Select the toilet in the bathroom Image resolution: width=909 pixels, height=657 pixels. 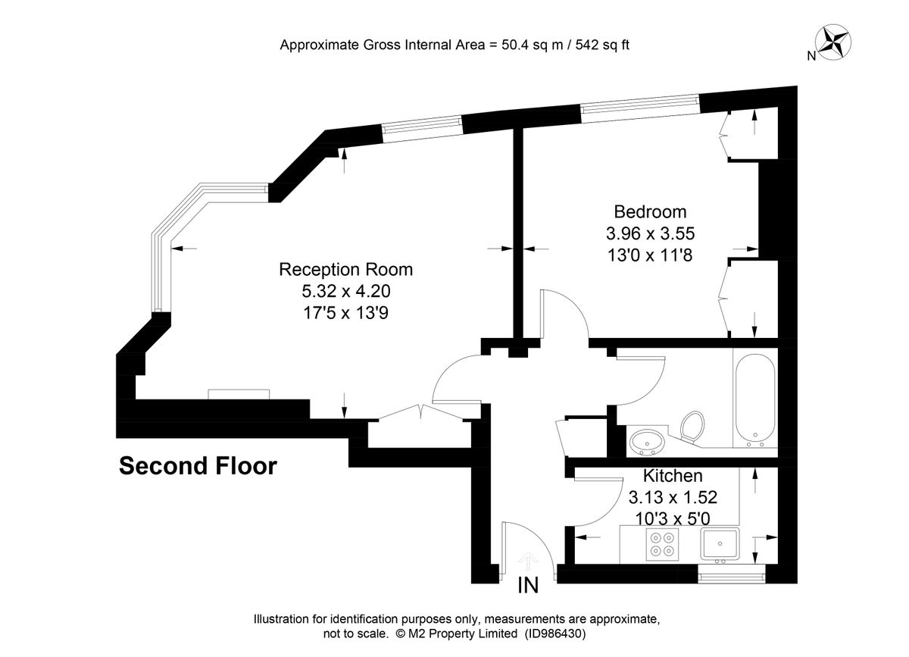coord(691,426)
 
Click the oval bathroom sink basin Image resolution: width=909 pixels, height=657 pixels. coord(648,440)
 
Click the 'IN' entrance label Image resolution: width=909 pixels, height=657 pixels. coord(528,586)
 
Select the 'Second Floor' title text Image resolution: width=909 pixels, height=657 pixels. coord(198,466)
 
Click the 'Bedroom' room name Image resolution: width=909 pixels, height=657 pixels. coord(650,211)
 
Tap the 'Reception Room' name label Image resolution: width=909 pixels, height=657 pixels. coord(346,269)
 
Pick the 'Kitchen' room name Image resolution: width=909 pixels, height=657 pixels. coord(673,477)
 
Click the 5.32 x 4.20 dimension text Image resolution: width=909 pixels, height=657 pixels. coord(346,290)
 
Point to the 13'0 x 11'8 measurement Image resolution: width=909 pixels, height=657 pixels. coord(650,255)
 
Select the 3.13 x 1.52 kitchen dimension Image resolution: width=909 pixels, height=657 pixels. coord(673,498)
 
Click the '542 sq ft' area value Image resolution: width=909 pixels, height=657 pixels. coord(603,45)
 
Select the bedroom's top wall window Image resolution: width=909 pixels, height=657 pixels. coord(640,107)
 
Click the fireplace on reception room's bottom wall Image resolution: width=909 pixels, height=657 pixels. coord(239,393)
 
